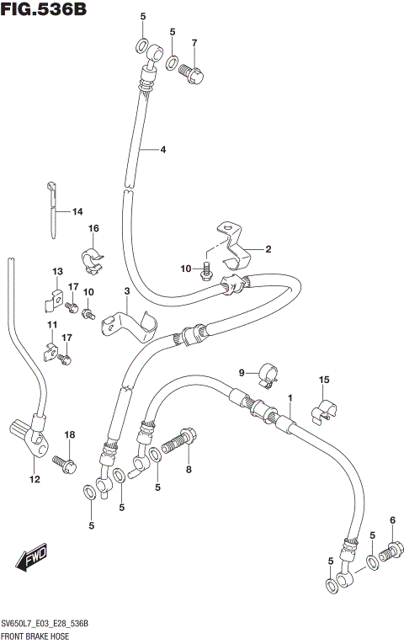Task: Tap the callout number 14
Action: [x=77, y=211]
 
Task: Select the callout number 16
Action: [x=94, y=228]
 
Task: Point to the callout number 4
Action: [x=162, y=150]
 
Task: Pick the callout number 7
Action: [x=194, y=43]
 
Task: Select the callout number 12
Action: [x=35, y=480]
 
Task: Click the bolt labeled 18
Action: [x=64, y=461]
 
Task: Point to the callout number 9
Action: [x=241, y=373]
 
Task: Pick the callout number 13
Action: [x=57, y=271]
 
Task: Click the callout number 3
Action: [x=126, y=291]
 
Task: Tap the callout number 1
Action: [x=290, y=398]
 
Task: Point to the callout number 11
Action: [x=52, y=326]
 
